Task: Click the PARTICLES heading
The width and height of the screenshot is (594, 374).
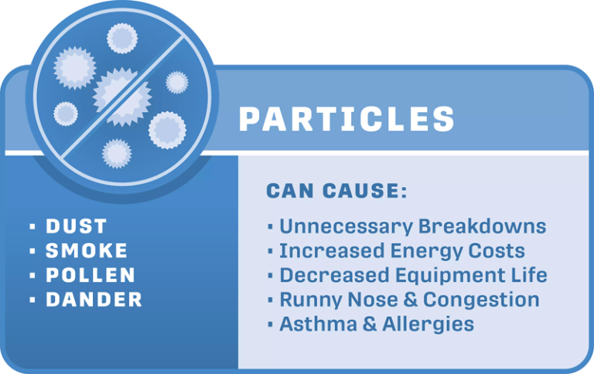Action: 346,120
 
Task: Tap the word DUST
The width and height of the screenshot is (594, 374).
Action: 76,226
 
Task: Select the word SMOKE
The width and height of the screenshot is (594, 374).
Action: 87,251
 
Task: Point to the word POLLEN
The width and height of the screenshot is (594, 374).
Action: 90,276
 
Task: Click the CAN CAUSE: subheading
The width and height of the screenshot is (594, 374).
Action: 336,191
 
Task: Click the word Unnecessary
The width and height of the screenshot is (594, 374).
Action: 346,227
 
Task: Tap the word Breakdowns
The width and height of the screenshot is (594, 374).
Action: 482,227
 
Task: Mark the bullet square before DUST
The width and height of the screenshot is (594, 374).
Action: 32,227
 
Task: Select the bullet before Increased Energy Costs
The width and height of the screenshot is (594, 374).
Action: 270,251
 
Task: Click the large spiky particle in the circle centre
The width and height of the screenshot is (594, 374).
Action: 121,95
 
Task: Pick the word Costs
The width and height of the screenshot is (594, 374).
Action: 500,251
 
